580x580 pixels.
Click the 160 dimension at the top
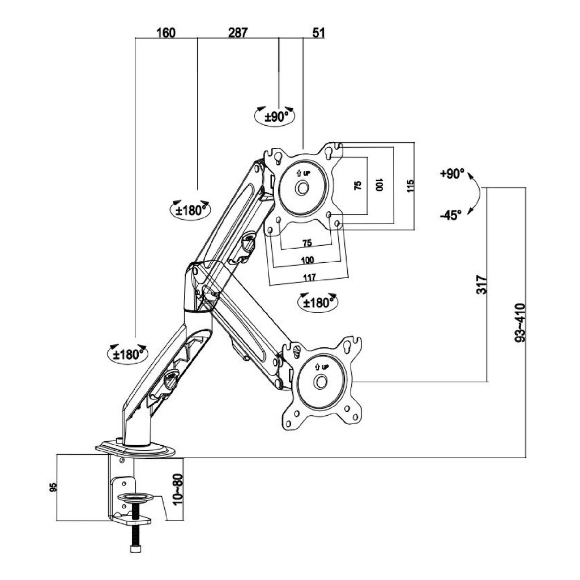pos(165,32)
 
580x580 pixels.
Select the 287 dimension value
pos(238,32)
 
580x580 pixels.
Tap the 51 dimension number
pos(318,32)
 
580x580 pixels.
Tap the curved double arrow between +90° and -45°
pos(475,194)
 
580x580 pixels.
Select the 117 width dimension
pos(308,277)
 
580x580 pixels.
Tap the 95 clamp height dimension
pos(53,487)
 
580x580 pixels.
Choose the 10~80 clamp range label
pos(178,489)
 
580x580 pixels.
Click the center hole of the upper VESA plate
pos(303,186)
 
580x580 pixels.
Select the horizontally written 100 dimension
pos(308,260)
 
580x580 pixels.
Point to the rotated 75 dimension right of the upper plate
pos(357,186)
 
